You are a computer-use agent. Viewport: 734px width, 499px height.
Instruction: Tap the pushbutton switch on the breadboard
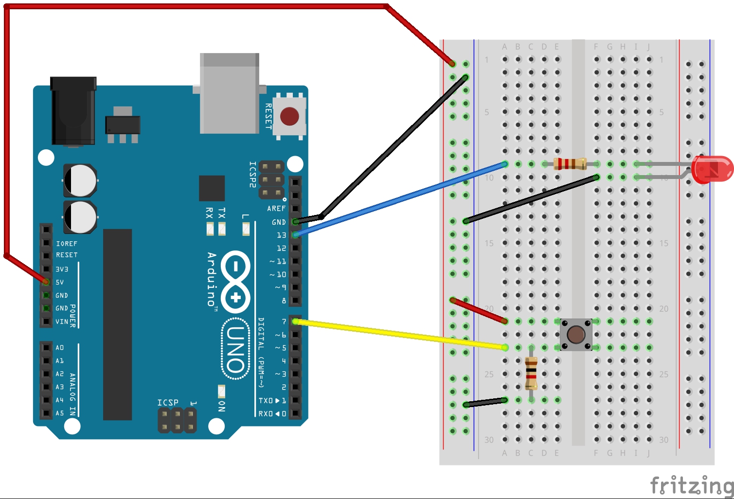576,335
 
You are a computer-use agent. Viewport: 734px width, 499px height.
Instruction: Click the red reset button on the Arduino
289,117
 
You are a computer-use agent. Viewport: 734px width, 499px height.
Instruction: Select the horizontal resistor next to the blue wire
570,164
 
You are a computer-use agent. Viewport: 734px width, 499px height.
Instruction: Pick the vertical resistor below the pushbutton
531,374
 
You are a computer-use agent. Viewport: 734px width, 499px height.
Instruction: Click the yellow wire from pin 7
399,334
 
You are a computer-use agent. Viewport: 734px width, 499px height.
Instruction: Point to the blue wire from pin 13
399,199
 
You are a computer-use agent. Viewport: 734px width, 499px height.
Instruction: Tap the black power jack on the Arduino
73,111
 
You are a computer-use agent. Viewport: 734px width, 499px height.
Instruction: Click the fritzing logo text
692,485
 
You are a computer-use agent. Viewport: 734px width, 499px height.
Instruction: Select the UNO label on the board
236,348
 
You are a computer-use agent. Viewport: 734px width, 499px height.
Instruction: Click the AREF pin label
276,209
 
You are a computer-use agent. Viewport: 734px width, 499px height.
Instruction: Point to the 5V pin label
60,282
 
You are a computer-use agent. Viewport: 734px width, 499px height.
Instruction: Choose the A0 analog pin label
60,348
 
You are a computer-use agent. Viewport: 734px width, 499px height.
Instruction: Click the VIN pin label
62,321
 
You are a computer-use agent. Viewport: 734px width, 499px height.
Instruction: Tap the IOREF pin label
67,244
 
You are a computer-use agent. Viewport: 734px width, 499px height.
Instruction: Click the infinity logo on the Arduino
236,281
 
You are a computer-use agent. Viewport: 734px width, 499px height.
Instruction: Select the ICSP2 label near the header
252,174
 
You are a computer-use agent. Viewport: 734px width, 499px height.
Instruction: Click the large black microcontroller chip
117,324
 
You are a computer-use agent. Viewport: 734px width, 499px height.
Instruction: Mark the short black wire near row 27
485,402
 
